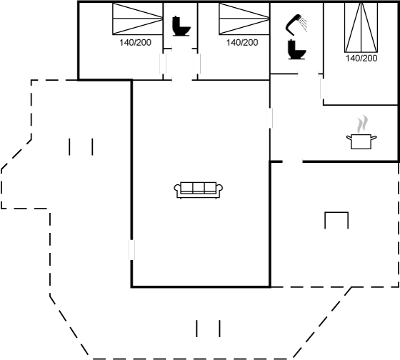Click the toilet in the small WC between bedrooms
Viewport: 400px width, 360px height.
tap(181, 26)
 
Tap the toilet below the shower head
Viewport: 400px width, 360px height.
tap(296, 49)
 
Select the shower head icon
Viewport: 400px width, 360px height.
tap(296, 24)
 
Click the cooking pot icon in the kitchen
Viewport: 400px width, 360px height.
tap(361, 142)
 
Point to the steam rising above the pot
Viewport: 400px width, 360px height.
tap(363, 124)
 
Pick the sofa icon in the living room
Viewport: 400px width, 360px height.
tap(199, 190)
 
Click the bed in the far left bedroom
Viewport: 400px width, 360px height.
tap(137, 19)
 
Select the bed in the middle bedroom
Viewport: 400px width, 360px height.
tap(244, 19)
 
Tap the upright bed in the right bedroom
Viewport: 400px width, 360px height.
tap(361, 27)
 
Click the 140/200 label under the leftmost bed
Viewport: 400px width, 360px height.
tap(135, 43)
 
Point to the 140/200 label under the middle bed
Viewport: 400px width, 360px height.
tap(242, 43)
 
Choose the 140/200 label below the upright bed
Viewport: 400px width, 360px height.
tap(361, 58)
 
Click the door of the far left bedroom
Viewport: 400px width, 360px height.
tap(163, 64)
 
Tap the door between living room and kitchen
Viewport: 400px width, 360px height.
tap(270, 118)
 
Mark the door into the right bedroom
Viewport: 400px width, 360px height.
tap(324, 89)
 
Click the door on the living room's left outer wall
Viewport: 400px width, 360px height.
tap(131, 250)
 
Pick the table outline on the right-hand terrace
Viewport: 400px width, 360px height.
tap(336, 220)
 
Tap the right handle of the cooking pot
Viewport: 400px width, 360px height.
tap(374, 138)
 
